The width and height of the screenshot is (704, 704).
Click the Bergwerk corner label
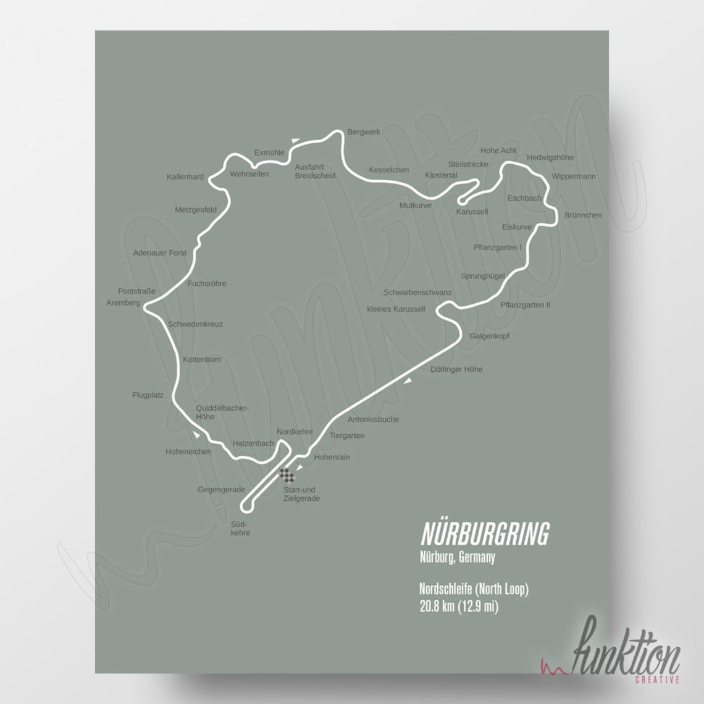tap(364, 132)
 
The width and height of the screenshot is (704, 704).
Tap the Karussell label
tap(472, 212)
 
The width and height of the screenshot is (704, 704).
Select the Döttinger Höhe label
tap(456, 369)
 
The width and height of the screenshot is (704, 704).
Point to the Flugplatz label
tap(148, 395)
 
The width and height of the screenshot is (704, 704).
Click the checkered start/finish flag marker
tap(287, 475)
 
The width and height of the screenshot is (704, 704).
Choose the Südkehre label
tap(240, 528)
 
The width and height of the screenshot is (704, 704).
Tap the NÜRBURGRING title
tap(485, 534)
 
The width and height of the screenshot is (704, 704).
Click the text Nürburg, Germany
tap(457, 558)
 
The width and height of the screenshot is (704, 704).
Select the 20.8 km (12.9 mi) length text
tap(459, 607)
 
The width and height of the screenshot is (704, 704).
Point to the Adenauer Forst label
tap(160, 253)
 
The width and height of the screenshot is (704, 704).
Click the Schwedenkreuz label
tap(195, 324)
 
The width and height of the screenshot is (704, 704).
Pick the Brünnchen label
tap(583, 216)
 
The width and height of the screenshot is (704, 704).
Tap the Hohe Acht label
tap(498, 151)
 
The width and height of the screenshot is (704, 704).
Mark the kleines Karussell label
tap(396, 309)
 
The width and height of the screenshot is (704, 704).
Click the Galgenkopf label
tap(489, 337)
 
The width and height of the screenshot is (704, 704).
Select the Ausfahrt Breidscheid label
tap(315, 171)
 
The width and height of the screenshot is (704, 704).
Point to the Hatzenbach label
tap(253, 443)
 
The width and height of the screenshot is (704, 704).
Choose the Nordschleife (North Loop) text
tap(474, 590)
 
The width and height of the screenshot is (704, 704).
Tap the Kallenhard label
tap(185, 177)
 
